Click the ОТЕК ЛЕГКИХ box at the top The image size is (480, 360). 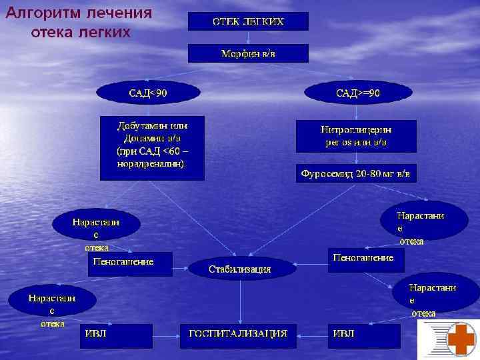click(248, 21)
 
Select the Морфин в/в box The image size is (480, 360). click(248, 53)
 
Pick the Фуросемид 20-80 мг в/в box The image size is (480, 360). click(356, 173)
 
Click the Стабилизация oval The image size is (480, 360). click(240, 269)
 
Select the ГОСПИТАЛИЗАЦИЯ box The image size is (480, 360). click(237, 333)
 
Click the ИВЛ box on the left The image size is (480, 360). click(116, 333)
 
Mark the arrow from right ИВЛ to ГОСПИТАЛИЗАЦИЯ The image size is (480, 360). click(311, 334)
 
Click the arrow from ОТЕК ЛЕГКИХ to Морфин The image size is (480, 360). click(248, 37)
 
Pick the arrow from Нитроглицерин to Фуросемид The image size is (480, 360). click(356, 159)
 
